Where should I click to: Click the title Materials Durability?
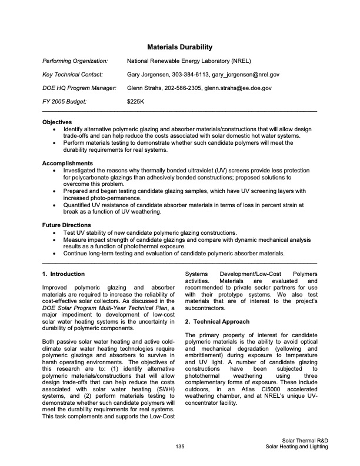(x=179, y=46)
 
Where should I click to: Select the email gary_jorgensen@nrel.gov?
(x=246, y=74)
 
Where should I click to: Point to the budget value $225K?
(x=135, y=101)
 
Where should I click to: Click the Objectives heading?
(x=58, y=122)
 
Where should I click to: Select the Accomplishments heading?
(x=68, y=163)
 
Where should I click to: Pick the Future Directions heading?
(x=66, y=225)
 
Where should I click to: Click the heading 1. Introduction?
(x=64, y=274)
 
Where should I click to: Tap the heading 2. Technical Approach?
(x=217, y=322)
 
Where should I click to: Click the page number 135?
(x=180, y=447)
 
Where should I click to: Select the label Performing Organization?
(x=75, y=61)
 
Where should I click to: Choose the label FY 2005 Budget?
(x=65, y=101)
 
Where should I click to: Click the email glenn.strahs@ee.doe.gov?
(x=238, y=88)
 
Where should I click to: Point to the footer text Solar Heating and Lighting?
(x=296, y=447)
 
